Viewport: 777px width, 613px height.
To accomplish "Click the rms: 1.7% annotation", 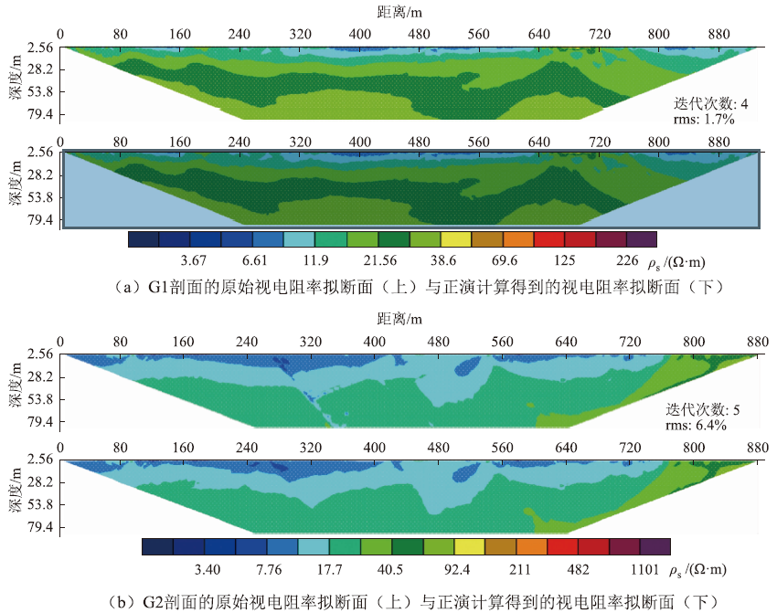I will (x=707, y=119).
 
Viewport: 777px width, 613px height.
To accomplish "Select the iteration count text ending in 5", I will (x=703, y=409).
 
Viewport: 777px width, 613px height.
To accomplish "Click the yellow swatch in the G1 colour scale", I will (x=456, y=239).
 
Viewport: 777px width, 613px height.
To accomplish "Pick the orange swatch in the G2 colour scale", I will (x=531, y=546).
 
